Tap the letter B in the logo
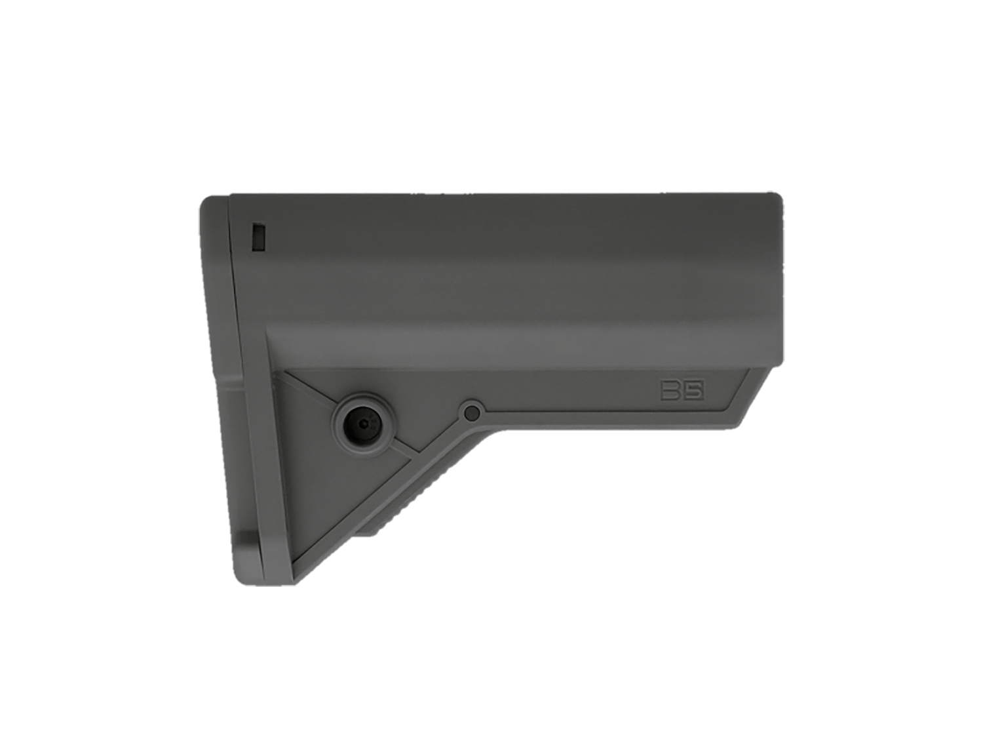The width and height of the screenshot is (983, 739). tap(671, 391)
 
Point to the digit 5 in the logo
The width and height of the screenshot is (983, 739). tap(694, 391)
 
